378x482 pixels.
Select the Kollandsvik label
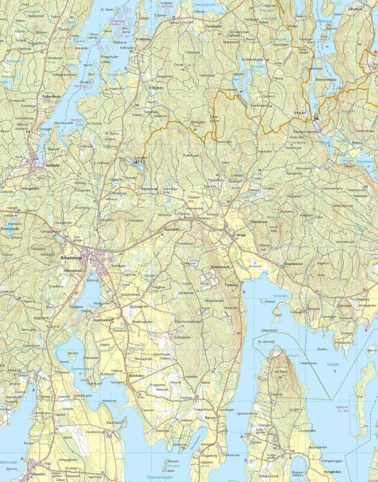(x=52, y=96)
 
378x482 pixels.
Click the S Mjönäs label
(x=156, y=88)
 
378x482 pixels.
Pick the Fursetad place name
(x=232, y=284)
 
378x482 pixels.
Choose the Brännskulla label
(x=10, y=229)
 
